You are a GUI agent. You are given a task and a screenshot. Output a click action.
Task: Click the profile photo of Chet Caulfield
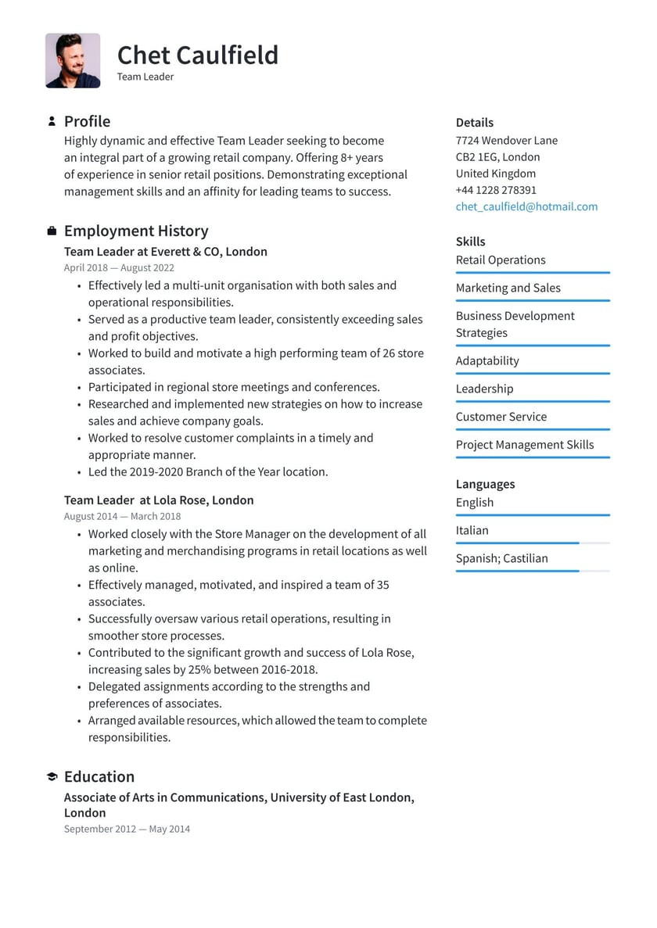point(73,60)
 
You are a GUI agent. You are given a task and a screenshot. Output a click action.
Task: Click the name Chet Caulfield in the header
point(197,55)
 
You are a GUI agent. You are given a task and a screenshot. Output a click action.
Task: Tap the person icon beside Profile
point(52,121)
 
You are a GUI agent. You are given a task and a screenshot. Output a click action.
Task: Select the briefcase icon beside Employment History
point(52,231)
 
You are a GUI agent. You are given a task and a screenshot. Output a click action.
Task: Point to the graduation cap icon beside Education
point(52,776)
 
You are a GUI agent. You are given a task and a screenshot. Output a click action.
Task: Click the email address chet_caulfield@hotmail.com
point(526,206)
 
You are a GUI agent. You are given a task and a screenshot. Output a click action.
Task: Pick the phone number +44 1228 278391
point(496,190)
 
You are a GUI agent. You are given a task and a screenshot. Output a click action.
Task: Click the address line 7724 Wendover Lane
point(507,141)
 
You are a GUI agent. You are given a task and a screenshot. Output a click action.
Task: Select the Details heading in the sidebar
point(475,123)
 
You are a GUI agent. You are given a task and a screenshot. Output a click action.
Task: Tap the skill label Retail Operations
point(501,260)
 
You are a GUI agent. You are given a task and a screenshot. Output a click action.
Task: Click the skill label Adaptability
point(487,360)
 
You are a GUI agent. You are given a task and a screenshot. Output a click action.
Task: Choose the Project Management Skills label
point(525,445)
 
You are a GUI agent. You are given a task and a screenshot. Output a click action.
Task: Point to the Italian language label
point(472,530)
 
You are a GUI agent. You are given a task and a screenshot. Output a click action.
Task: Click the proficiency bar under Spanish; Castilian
point(532,571)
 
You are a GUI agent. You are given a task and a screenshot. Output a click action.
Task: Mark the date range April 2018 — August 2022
point(119,268)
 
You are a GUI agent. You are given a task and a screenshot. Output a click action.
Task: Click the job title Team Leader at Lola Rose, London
point(159,500)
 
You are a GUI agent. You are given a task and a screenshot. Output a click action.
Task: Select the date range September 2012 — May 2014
point(127,829)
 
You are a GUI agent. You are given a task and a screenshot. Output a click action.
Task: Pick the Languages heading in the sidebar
point(485,485)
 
